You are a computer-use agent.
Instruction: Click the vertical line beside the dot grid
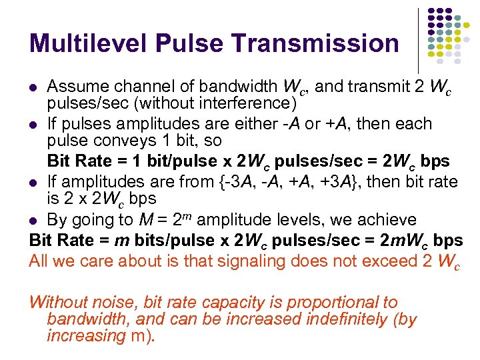tap(418, 40)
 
